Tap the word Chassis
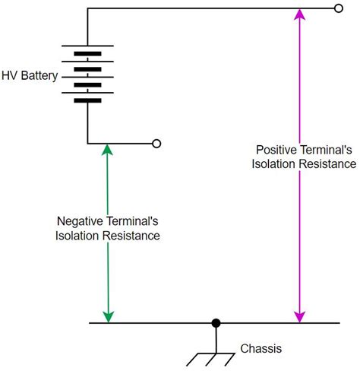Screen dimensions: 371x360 [261, 349]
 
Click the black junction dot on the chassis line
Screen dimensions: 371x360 [216, 323]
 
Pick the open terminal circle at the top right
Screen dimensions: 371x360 [338, 9]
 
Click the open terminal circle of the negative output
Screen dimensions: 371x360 [156, 143]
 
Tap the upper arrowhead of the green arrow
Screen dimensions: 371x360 [109, 150]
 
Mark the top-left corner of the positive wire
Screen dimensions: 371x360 [88, 9]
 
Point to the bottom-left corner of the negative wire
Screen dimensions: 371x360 [88, 143]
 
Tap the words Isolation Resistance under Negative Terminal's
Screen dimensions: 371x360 [107, 236]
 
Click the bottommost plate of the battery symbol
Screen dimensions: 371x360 [88, 100]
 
